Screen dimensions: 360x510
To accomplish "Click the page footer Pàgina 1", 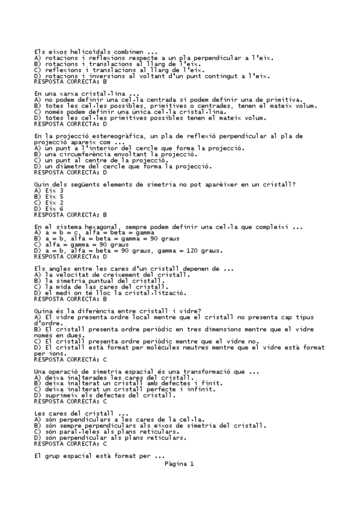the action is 178,464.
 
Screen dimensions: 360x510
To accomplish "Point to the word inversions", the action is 109,76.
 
